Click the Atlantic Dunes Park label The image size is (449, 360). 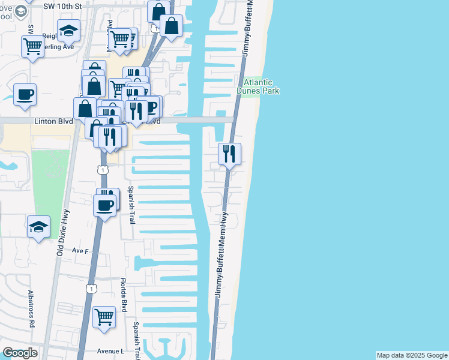pyautogui.click(x=258, y=87)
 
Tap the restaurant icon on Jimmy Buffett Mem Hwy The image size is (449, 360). pyautogui.click(x=229, y=155)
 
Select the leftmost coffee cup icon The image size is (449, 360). pyautogui.click(x=25, y=95)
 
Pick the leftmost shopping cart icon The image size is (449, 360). pyautogui.click(x=32, y=46)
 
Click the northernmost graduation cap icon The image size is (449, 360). pyautogui.click(x=69, y=30)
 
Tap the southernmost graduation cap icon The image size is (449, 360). pyautogui.click(x=39, y=227)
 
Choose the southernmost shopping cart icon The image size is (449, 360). pyautogui.click(x=104, y=317)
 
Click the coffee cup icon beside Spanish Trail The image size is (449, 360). pyautogui.click(x=106, y=206)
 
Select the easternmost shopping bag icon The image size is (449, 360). pyautogui.click(x=172, y=26)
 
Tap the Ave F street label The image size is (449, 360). pyautogui.click(x=80, y=250)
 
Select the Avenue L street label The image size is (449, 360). pyautogui.click(x=106, y=351)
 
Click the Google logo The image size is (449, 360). pyautogui.click(x=20, y=353)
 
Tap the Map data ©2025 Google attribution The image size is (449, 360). pyautogui.click(x=412, y=355)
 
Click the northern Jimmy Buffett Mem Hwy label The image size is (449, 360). pyautogui.click(x=247, y=30)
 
